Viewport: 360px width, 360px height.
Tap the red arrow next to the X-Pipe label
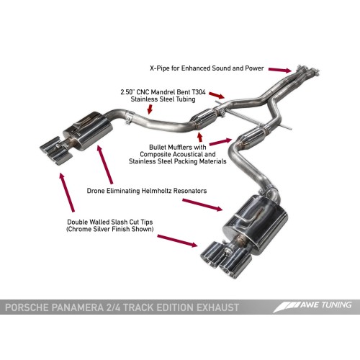point(277,69)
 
